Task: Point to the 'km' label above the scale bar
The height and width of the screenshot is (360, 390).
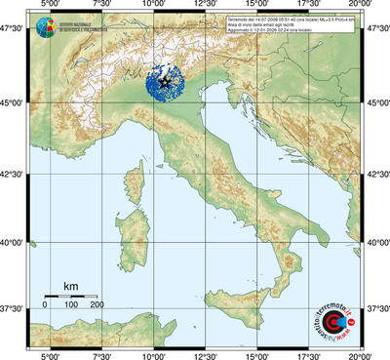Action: tap(70, 286)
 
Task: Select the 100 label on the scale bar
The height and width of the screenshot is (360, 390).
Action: tap(71, 305)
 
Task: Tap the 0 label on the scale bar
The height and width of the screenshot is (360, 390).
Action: tap(45, 305)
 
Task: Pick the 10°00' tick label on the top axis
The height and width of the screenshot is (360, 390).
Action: tap(153, 6)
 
